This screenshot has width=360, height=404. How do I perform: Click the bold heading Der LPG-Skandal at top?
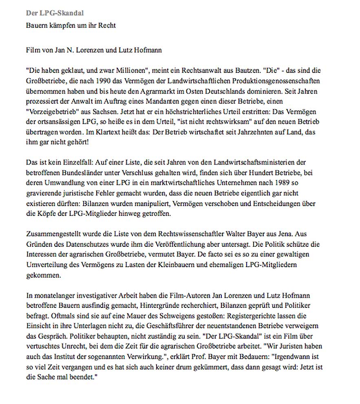click(55, 13)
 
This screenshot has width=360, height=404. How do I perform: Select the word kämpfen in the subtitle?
click(59, 25)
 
